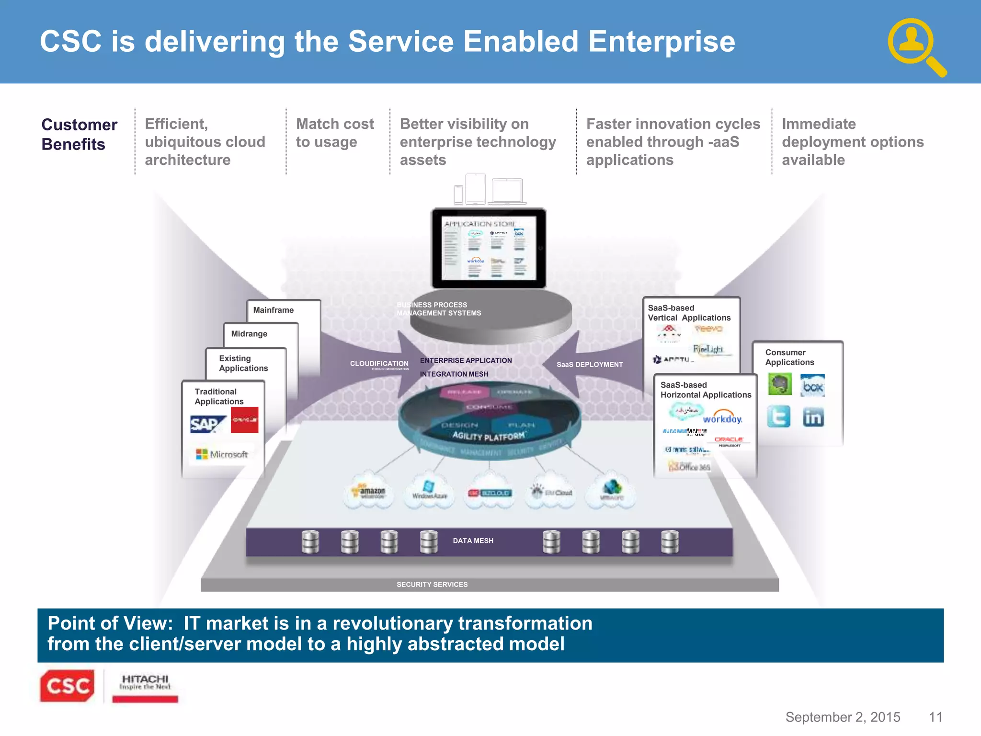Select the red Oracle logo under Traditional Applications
(x=244, y=420)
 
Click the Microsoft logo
(x=222, y=454)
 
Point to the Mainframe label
(x=273, y=310)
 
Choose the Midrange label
(x=249, y=333)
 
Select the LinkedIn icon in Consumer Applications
(x=813, y=417)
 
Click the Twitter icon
(x=778, y=416)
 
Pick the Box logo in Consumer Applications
(x=812, y=385)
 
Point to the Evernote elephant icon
(x=780, y=384)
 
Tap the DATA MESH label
(x=473, y=540)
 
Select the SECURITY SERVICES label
(x=432, y=584)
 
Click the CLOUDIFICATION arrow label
(x=379, y=364)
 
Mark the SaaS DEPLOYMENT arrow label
(x=590, y=365)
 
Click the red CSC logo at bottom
(x=68, y=686)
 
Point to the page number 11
(x=935, y=717)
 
